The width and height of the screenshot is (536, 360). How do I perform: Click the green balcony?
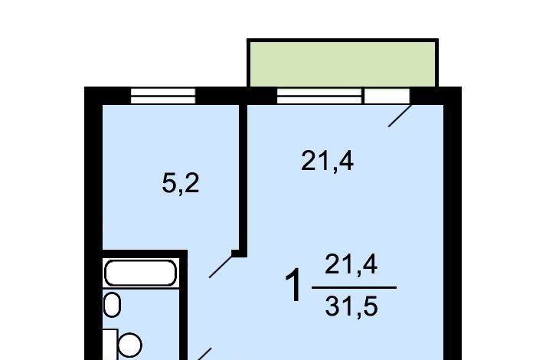pyautogui.click(x=342, y=64)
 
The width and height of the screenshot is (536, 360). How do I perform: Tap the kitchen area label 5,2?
pyautogui.click(x=181, y=184)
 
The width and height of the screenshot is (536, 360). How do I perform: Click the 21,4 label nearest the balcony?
pyautogui.click(x=327, y=161)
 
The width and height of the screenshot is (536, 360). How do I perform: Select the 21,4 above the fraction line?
pyautogui.click(x=351, y=264)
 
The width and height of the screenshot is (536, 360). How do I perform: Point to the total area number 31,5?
pyautogui.click(x=351, y=306)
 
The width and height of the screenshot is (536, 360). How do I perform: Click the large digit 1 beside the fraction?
pyautogui.click(x=293, y=285)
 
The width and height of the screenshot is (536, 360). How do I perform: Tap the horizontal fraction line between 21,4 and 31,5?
pyautogui.click(x=354, y=287)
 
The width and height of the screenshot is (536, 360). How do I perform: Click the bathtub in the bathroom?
pyautogui.click(x=140, y=273)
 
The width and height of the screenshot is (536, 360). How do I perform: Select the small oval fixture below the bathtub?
pyautogui.click(x=112, y=305)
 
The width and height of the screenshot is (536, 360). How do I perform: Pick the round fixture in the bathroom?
pyautogui.click(x=130, y=345)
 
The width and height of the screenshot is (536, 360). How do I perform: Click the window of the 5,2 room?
pyautogui.click(x=163, y=96)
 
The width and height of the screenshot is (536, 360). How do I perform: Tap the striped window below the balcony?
pyautogui.click(x=319, y=96)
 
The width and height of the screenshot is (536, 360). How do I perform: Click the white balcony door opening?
pyautogui.click(x=387, y=96)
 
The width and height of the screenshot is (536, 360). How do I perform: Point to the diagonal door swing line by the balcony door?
pyautogui.click(x=400, y=116)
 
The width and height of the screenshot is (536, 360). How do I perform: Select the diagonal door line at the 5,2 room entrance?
pyautogui.click(x=221, y=267)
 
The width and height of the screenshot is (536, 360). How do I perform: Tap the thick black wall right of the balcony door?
pyautogui.click(x=436, y=96)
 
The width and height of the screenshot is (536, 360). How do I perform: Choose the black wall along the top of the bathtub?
pyautogui.click(x=145, y=254)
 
